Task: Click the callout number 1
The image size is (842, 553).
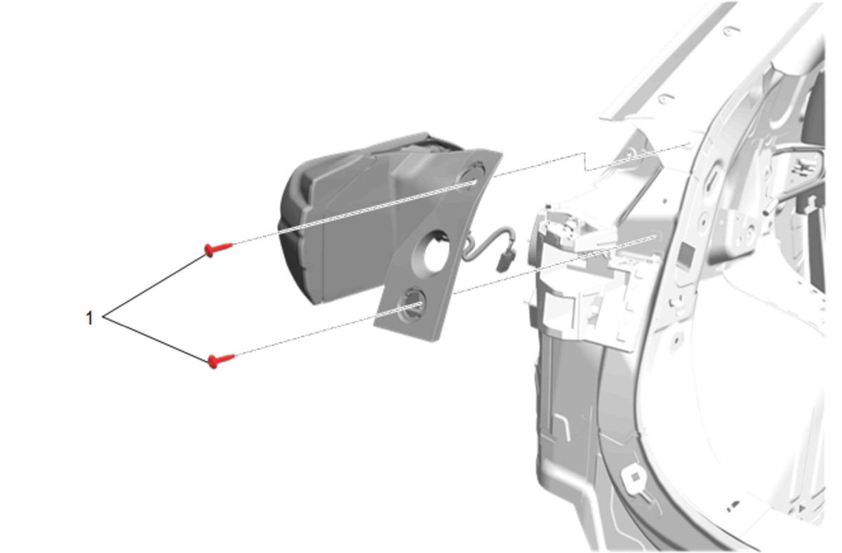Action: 89,318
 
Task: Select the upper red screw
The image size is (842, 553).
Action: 218,248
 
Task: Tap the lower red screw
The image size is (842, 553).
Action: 221,360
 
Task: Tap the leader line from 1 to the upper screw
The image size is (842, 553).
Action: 154,286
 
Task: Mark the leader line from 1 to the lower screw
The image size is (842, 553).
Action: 156,340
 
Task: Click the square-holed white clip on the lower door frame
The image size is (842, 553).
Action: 634,477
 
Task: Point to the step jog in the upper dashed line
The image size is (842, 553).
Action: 585,162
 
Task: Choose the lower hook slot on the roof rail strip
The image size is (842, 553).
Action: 664,99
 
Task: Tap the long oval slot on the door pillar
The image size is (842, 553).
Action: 711,177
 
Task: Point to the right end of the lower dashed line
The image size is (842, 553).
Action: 655,236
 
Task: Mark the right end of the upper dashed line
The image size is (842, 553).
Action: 688,144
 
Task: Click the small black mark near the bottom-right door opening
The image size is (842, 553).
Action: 733,503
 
